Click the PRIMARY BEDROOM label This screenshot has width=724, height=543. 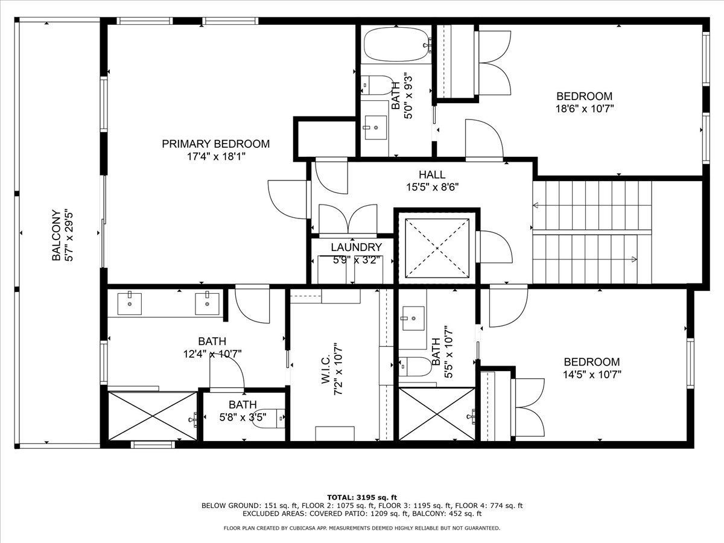216,144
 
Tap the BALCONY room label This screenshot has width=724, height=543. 56,235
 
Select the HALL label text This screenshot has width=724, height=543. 432,174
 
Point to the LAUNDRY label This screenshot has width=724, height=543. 356,247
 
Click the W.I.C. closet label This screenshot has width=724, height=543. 326,369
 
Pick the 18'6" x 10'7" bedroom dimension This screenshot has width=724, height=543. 585,109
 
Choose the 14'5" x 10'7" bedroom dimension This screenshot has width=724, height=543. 592,375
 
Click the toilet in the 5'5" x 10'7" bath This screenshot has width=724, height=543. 415,366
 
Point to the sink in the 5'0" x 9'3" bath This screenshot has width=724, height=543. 375,127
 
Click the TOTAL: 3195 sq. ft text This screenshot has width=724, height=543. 362,498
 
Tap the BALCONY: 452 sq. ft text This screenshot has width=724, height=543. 447,513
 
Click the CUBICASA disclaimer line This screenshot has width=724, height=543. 362,528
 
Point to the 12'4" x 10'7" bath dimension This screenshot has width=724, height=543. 212,354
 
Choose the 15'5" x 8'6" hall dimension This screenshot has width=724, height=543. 433,187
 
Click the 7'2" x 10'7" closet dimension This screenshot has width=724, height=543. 338,369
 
